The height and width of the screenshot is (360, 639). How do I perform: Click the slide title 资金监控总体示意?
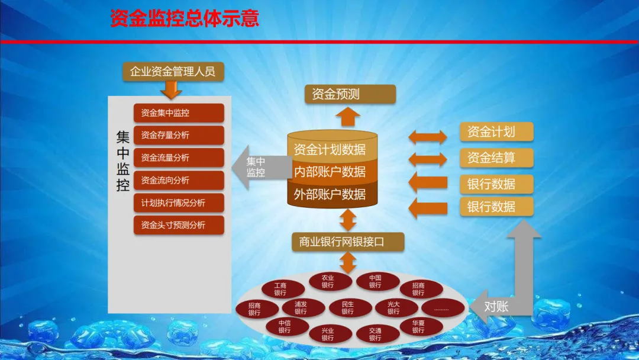point(185,18)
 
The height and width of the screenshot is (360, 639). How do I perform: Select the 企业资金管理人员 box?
point(172,72)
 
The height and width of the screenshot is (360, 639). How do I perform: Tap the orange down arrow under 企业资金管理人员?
point(172,90)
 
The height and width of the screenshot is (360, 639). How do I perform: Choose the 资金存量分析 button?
point(179,135)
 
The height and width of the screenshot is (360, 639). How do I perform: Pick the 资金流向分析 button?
point(179,180)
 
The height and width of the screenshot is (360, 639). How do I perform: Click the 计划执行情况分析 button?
point(179,202)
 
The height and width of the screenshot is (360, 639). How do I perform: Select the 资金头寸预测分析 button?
point(179,225)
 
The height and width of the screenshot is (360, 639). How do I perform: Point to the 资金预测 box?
point(350,94)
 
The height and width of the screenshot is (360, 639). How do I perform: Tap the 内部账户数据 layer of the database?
point(333,172)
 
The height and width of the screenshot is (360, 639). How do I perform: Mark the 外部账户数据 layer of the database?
point(333,195)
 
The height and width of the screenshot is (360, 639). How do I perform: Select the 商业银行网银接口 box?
point(348,242)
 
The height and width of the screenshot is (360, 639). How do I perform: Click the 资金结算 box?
point(496,158)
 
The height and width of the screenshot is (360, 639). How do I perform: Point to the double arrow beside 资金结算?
point(428,159)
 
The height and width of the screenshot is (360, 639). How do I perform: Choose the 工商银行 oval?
point(280,289)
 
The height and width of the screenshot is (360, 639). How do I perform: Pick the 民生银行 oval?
point(347,308)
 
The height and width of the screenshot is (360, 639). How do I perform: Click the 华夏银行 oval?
point(418,326)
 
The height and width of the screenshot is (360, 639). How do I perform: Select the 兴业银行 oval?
point(328,334)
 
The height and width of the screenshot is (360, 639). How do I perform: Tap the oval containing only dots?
point(443,308)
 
